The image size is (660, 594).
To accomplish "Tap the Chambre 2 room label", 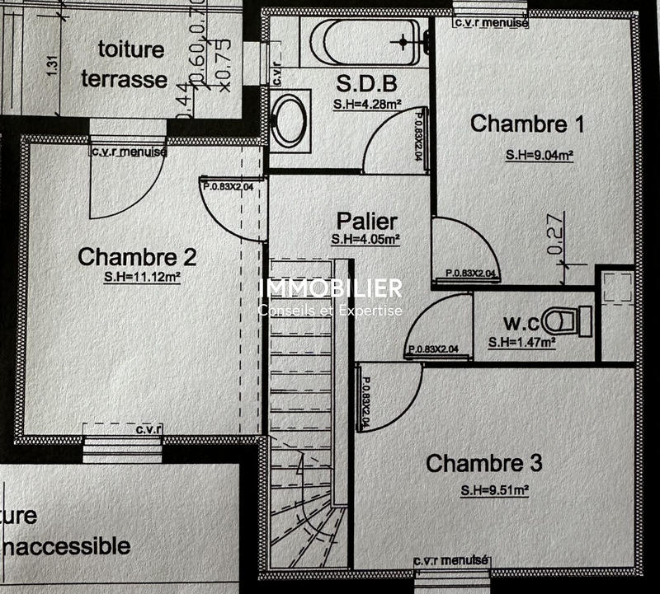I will click(137, 256).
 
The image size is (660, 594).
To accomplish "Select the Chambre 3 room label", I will click(484, 463).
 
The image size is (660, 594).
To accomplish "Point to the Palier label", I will click(366, 221).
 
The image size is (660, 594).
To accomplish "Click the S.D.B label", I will click(367, 83).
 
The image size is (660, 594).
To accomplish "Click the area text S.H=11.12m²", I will click(142, 278).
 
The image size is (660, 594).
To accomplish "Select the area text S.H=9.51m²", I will click(494, 490).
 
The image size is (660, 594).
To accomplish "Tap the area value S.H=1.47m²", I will click(521, 342).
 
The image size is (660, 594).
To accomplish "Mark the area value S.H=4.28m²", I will click(366, 105).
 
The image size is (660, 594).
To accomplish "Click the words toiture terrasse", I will click(133, 64).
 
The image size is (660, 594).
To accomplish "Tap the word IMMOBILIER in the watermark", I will click(331, 288).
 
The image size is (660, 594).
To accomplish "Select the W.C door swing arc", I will click(441, 325).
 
